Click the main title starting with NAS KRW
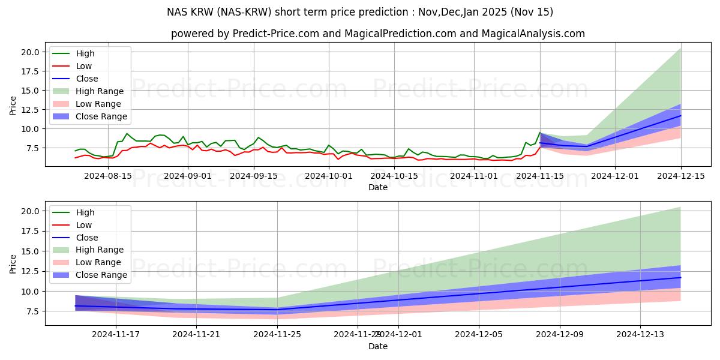[x=360, y=12]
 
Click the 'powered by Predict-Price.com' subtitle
[x=378, y=34]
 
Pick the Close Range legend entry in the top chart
[x=101, y=116]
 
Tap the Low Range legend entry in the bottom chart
[x=98, y=262]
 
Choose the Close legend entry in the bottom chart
[x=87, y=237]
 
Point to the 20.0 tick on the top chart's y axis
[x=30, y=52]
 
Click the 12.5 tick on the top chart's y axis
[x=30, y=110]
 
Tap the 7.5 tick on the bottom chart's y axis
[x=30, y=311]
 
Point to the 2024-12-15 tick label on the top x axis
[x=681, y=176]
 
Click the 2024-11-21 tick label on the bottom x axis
[x=197, y=335]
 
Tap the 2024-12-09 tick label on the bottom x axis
[x=560, y=335]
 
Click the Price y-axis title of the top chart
[x=13, y=106]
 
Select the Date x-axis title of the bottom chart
[x=378, y=346]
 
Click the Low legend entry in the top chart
[x=84, y=66]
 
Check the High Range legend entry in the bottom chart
[x=100, y=250]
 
